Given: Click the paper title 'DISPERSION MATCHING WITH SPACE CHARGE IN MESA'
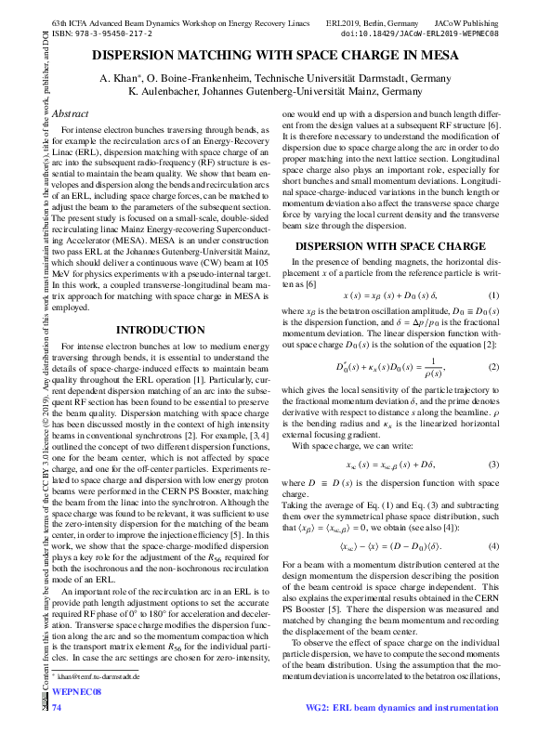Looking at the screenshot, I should tap(275, 56).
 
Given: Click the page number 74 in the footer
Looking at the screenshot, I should tap(57, 709).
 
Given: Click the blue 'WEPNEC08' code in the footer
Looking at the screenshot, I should tap(75, 692).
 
